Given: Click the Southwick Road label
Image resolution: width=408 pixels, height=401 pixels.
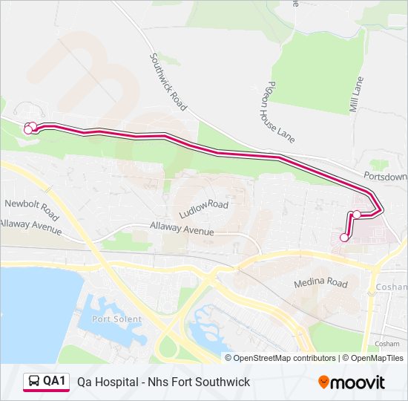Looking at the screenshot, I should tap(168, 82).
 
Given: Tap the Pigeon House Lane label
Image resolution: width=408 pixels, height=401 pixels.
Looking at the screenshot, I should tap(281, 111).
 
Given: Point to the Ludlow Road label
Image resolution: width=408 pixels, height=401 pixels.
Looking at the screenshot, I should tap(208, 204).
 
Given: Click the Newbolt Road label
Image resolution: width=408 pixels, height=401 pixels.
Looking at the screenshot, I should tap(31, 205).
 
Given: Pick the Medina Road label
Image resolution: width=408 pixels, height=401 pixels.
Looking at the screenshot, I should tap(320, 283).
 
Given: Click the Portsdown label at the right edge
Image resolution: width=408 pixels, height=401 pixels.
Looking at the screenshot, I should tap(386, 177).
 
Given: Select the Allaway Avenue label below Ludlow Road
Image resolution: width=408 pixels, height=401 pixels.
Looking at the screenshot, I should tap(182, 230).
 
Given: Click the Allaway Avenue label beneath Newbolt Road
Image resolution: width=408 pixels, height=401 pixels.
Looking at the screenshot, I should tap(30, 226).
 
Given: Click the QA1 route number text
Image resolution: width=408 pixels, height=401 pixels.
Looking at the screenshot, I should tap(54, 382).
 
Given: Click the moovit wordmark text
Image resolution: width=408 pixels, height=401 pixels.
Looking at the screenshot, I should tap(358, 382).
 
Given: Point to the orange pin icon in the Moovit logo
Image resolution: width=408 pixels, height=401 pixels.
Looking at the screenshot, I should tap(324, 382).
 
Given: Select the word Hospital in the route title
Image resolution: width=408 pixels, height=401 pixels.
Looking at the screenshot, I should tap(114, 382).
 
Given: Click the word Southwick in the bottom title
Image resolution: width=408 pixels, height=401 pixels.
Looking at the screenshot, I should tap(225, 382).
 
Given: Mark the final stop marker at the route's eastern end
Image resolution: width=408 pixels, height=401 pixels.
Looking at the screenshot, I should tap(344, 238).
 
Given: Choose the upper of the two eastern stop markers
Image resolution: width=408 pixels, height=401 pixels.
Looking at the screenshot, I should tap(357, 215).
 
